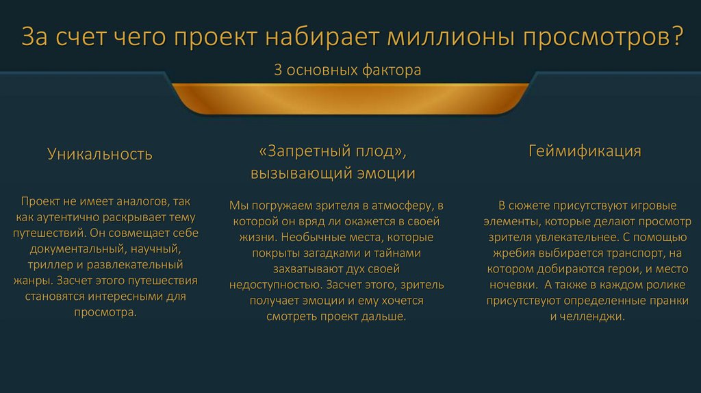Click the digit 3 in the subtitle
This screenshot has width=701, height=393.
[277, 71]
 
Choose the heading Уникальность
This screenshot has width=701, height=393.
[100, 153]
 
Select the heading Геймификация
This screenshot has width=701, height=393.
[585, 151]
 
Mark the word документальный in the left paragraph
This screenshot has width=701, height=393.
[71, 249]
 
